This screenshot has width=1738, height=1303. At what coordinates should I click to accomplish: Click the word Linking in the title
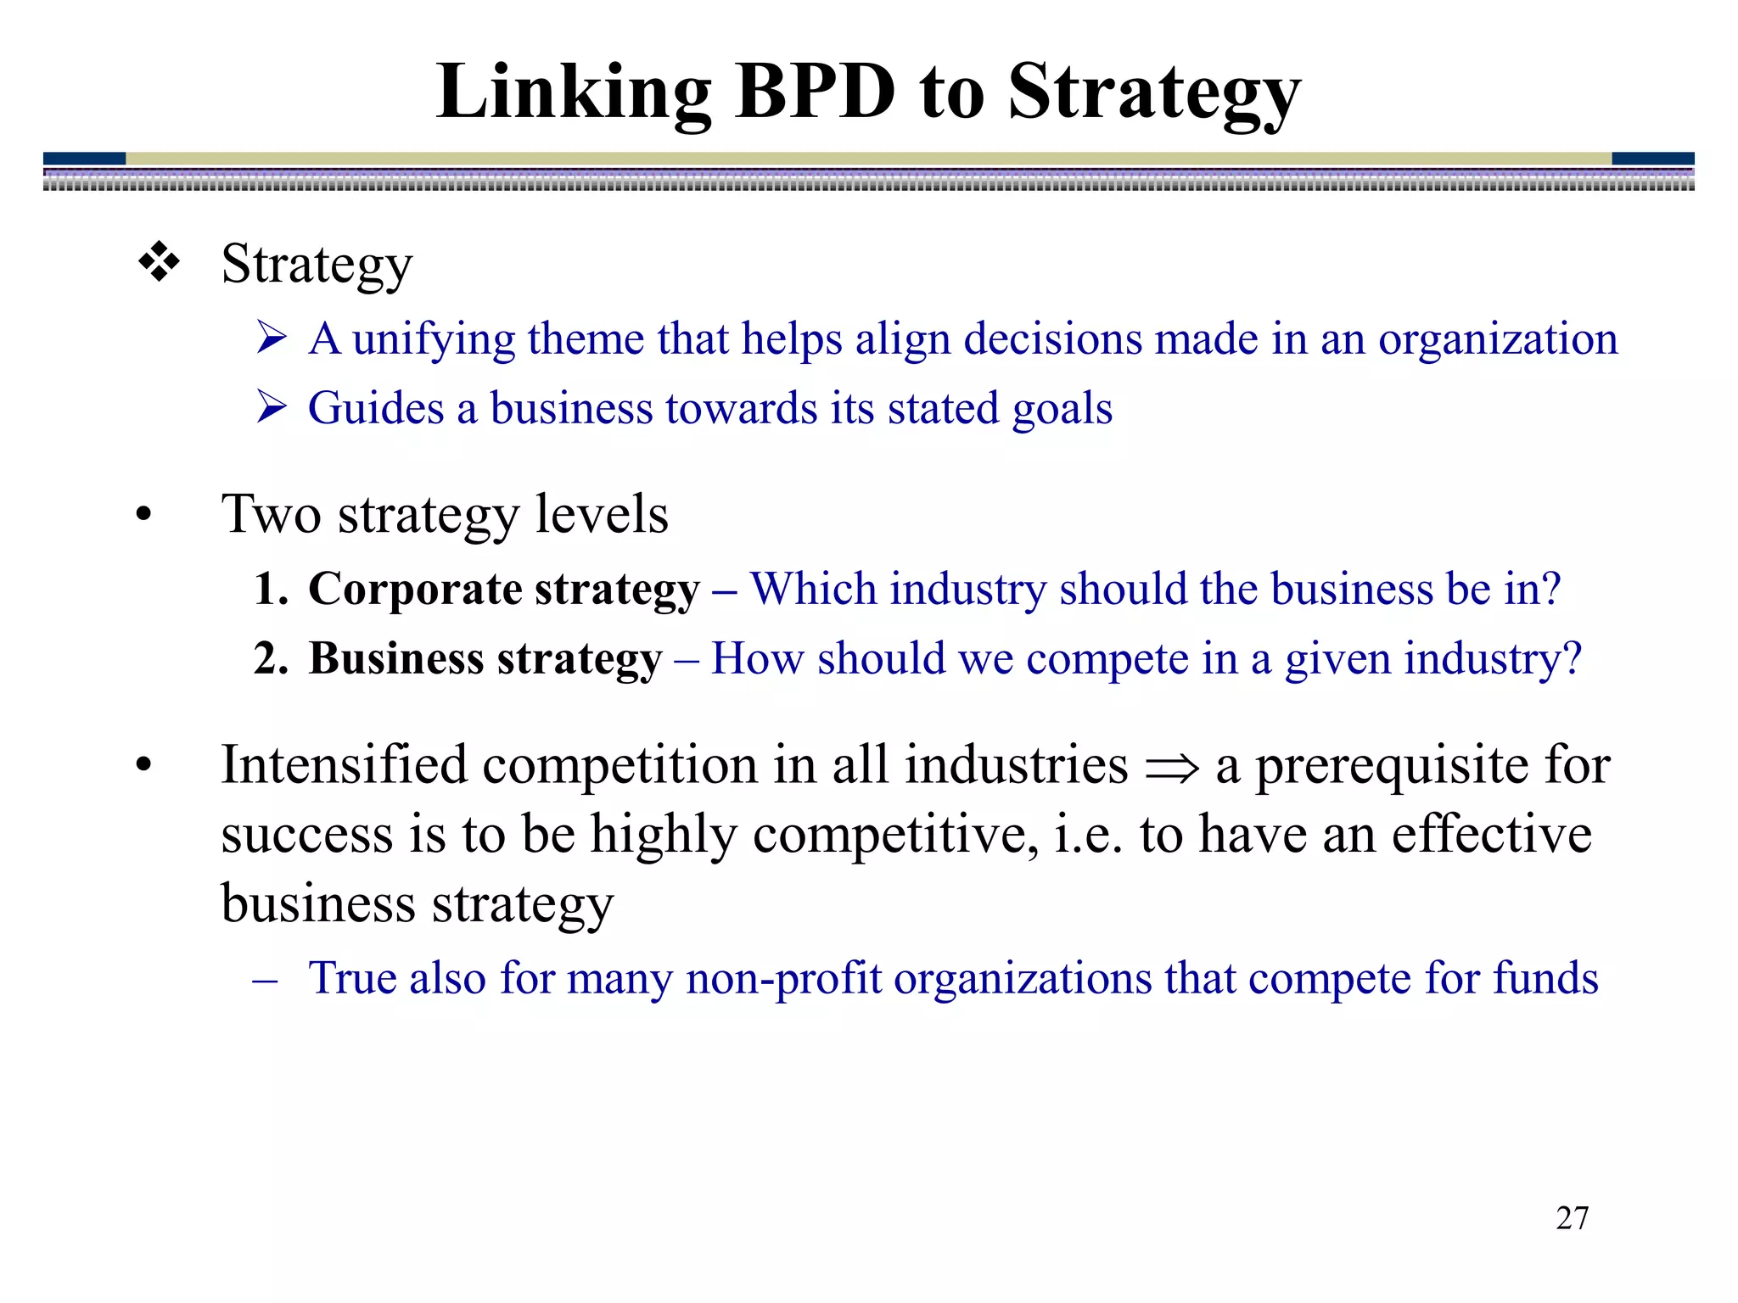[x=574, y=93]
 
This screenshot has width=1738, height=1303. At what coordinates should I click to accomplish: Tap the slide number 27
[x=1572, y=1218]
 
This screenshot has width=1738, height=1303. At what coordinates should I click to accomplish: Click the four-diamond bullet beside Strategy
[x=159, y=262]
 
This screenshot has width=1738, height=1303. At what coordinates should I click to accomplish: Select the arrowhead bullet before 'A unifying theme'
[x=272, y=338]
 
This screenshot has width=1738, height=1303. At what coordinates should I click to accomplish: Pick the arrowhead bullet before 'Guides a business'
[x=272, y=408]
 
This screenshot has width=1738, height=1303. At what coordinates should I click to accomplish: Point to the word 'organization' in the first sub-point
[x=1497, y=340]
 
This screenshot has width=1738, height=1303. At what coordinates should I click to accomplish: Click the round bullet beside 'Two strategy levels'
[x=143, y=515]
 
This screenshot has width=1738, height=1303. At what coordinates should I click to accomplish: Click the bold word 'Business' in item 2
[x=395, y=658]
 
